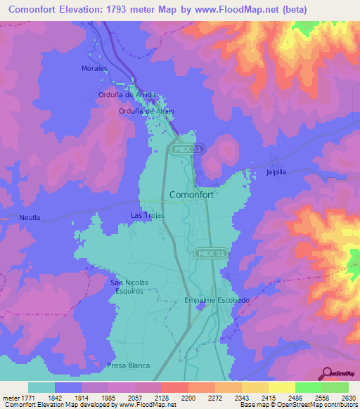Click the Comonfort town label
pyautogui.click(x=191, y=195)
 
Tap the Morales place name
pyautogui.click(x=94, y=68)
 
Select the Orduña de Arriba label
pyautogui.click(x=126, y=94)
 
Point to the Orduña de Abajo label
pyautogui.click(x=146, y=111)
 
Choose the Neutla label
pyautogui.click(x=30, y=218)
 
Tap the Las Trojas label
pyautogui.click(x=148, y=215)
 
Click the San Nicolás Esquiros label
pyautogui.click(x=131, y=286)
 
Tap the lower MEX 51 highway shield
pyautogui.click(x=208, y=252)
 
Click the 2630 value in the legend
pyautogui.click(x=347, y=398)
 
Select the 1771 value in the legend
pyautogui.click(x=20, y=398)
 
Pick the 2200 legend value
pyautogui.click(x=187, y=398)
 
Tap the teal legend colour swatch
pyautogui.click(x=41, y=387)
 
